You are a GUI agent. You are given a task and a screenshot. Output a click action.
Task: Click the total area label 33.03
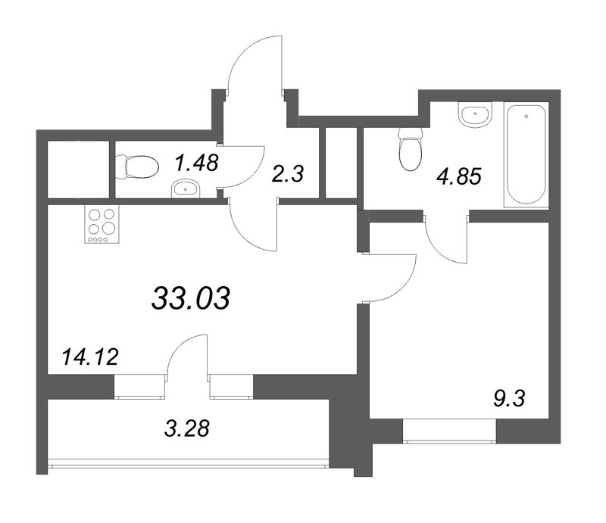[191, 298]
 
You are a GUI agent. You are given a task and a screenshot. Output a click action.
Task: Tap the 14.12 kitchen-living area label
[90, 357]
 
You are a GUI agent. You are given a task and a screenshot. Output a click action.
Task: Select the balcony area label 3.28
[187, 428]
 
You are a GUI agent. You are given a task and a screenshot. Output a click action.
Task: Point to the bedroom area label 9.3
[509, 398]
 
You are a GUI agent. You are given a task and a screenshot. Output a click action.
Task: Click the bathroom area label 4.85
[459, 177]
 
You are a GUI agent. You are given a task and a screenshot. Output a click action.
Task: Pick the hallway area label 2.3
[288, 174]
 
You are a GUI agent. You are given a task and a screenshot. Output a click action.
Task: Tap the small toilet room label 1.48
[197, 162]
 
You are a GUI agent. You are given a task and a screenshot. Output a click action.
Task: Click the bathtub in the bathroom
[526, 154]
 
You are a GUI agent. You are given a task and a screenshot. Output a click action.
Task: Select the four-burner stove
[102, 224]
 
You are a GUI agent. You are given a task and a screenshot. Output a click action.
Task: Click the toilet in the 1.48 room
[137, 167]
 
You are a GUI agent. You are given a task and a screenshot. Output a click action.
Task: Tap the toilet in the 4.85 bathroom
[411, 149]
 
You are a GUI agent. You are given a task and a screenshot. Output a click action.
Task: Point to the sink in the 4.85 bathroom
[476, 114]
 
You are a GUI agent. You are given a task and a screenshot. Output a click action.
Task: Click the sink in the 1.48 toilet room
[186, 188]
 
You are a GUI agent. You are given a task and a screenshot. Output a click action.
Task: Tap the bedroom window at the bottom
[449, 431]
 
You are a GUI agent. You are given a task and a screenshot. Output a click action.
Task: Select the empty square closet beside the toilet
[79, 170]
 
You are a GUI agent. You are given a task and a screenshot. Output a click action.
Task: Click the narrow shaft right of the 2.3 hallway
[341, 163]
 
